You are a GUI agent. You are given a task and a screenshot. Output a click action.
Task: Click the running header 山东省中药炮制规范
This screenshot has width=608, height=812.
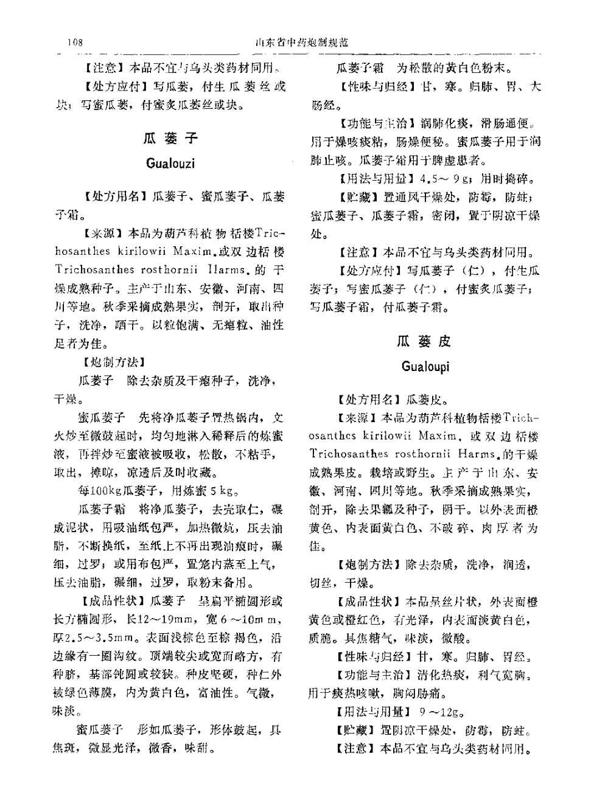click(x=302, y=43)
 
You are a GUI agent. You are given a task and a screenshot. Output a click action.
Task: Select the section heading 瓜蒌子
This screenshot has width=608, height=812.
click(x=170, y=139)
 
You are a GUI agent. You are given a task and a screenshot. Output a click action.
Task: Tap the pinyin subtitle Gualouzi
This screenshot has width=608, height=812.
click(x=170, y=164)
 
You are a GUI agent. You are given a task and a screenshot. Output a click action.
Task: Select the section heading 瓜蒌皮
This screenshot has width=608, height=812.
click(x=424, y=341)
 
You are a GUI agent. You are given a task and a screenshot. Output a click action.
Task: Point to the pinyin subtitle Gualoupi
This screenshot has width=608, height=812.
click(x=425, y=367)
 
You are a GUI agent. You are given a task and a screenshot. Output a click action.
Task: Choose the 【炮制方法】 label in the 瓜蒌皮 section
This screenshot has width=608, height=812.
click(x=368, y=565)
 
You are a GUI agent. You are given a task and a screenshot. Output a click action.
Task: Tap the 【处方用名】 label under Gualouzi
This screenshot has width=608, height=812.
click(x=115, y=196)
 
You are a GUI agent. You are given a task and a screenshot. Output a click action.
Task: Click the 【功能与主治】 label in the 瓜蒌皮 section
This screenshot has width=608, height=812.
click(x=374, y=676)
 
